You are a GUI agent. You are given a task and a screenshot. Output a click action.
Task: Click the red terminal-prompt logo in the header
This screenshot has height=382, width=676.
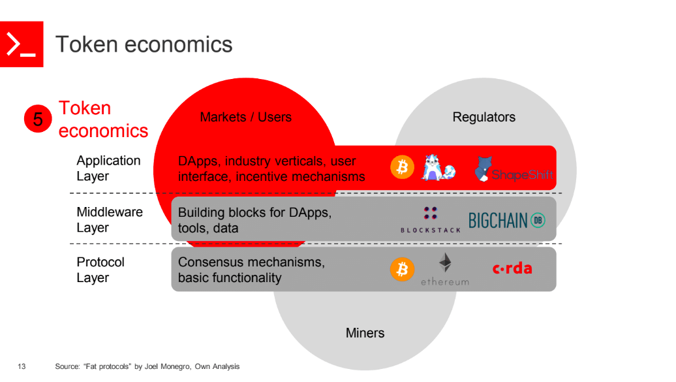[22, 44]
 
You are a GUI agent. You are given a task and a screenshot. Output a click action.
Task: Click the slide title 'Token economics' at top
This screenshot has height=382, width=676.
[144, 44]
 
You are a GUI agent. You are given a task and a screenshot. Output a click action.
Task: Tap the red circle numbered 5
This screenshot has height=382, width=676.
[38, 119]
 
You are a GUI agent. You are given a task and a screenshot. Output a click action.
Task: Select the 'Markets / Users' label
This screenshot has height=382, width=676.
[245, 118]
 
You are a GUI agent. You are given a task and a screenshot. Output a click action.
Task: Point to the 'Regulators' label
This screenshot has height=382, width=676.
[484, 118]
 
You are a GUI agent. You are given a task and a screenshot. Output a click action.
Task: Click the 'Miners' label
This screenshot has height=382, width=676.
[365, 333]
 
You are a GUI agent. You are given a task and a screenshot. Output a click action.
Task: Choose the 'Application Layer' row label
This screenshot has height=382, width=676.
[108, 168]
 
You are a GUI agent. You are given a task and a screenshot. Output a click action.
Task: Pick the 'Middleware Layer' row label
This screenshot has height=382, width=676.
[109, 220]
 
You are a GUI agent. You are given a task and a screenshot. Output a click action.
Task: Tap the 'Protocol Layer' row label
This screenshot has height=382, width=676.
[100, 270]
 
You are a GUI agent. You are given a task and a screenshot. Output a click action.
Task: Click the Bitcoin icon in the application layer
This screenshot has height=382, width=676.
[402, 168]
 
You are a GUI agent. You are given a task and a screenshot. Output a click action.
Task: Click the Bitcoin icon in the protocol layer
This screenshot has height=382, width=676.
[402, 268]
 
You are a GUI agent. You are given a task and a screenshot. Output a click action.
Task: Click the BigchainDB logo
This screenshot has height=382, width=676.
[506, 221]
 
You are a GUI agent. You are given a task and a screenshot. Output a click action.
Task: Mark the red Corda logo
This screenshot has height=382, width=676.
[512, 268]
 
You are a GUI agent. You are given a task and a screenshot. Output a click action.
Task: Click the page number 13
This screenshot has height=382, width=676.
[22, 367]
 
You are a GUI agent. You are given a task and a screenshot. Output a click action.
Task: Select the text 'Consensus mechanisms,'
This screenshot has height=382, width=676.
[251, 263]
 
